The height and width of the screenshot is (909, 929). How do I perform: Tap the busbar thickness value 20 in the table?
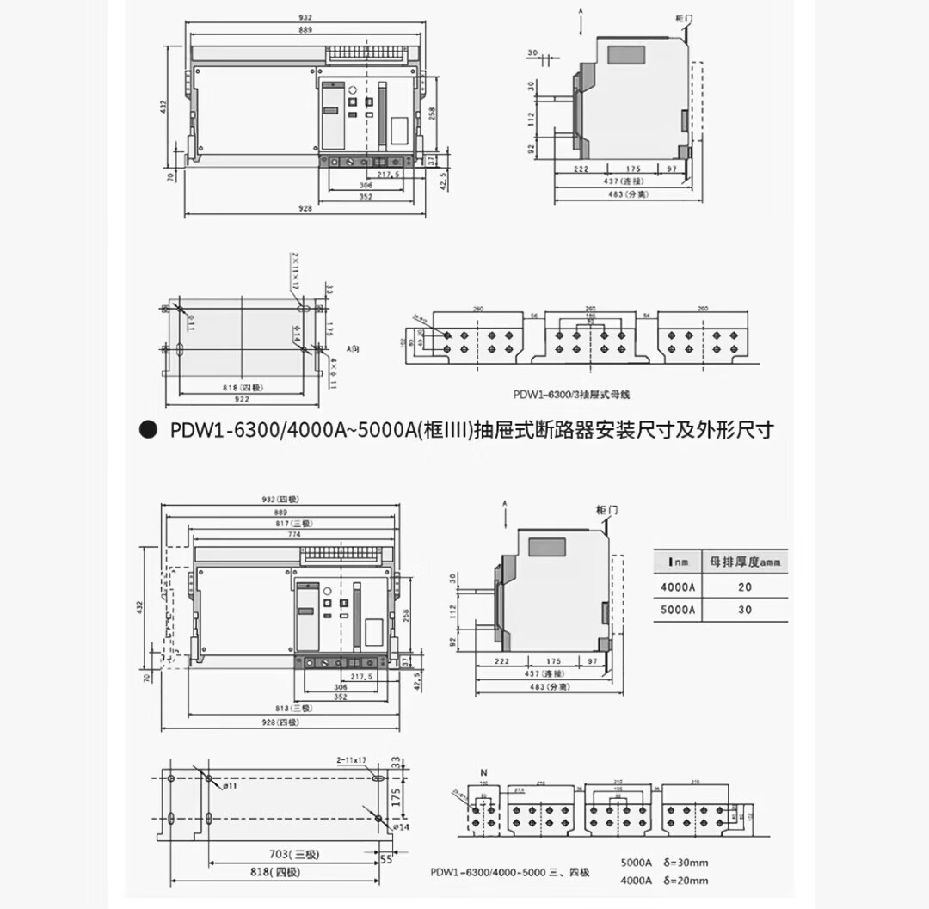(744, 587)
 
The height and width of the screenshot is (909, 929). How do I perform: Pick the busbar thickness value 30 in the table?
(744, 609)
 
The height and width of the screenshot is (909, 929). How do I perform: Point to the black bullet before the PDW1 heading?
(148, 429)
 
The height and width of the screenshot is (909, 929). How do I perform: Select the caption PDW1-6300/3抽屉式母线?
(572, 394)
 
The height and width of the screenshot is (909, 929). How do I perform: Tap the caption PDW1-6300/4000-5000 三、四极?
(510, 872)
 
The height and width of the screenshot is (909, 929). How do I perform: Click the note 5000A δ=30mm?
(664, 862)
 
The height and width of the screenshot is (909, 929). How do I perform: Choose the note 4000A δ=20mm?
(664, 880)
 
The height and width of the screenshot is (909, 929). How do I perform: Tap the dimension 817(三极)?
(286, 522)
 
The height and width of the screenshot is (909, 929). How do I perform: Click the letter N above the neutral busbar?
(483, 772)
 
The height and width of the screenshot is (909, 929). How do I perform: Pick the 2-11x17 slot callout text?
(352, 760)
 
